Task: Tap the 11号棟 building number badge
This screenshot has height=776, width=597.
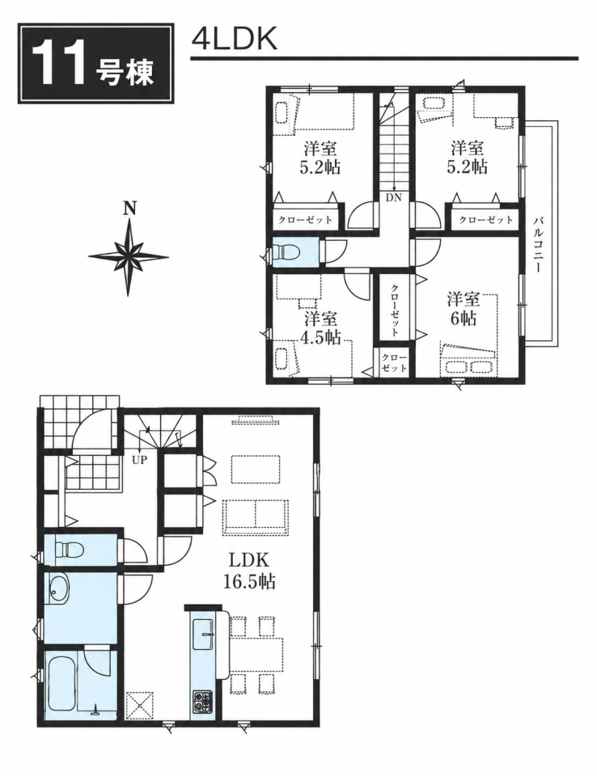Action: click(96, 63)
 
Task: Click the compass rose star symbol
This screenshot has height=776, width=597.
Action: click(129, 257)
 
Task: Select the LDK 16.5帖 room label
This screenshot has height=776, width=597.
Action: click(252, 571)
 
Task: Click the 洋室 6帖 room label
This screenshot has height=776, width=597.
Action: click(464, 309)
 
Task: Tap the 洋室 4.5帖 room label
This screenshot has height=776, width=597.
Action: click(320, 327)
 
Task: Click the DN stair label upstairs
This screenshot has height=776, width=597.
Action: click(395, 198)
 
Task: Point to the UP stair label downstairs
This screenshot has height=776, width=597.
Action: click(139, 459)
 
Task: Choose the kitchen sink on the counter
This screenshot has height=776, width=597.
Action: click(203, 633)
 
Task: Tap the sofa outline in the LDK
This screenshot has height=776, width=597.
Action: click(256, 517)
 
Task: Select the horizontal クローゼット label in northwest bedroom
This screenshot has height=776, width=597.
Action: click(305, 219)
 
